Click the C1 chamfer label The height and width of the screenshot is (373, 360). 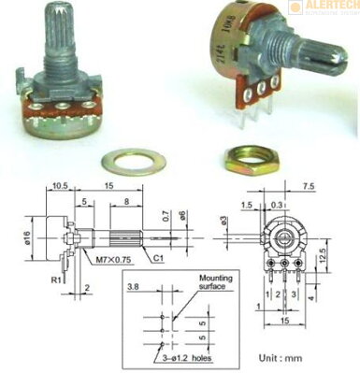(160, 258)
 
